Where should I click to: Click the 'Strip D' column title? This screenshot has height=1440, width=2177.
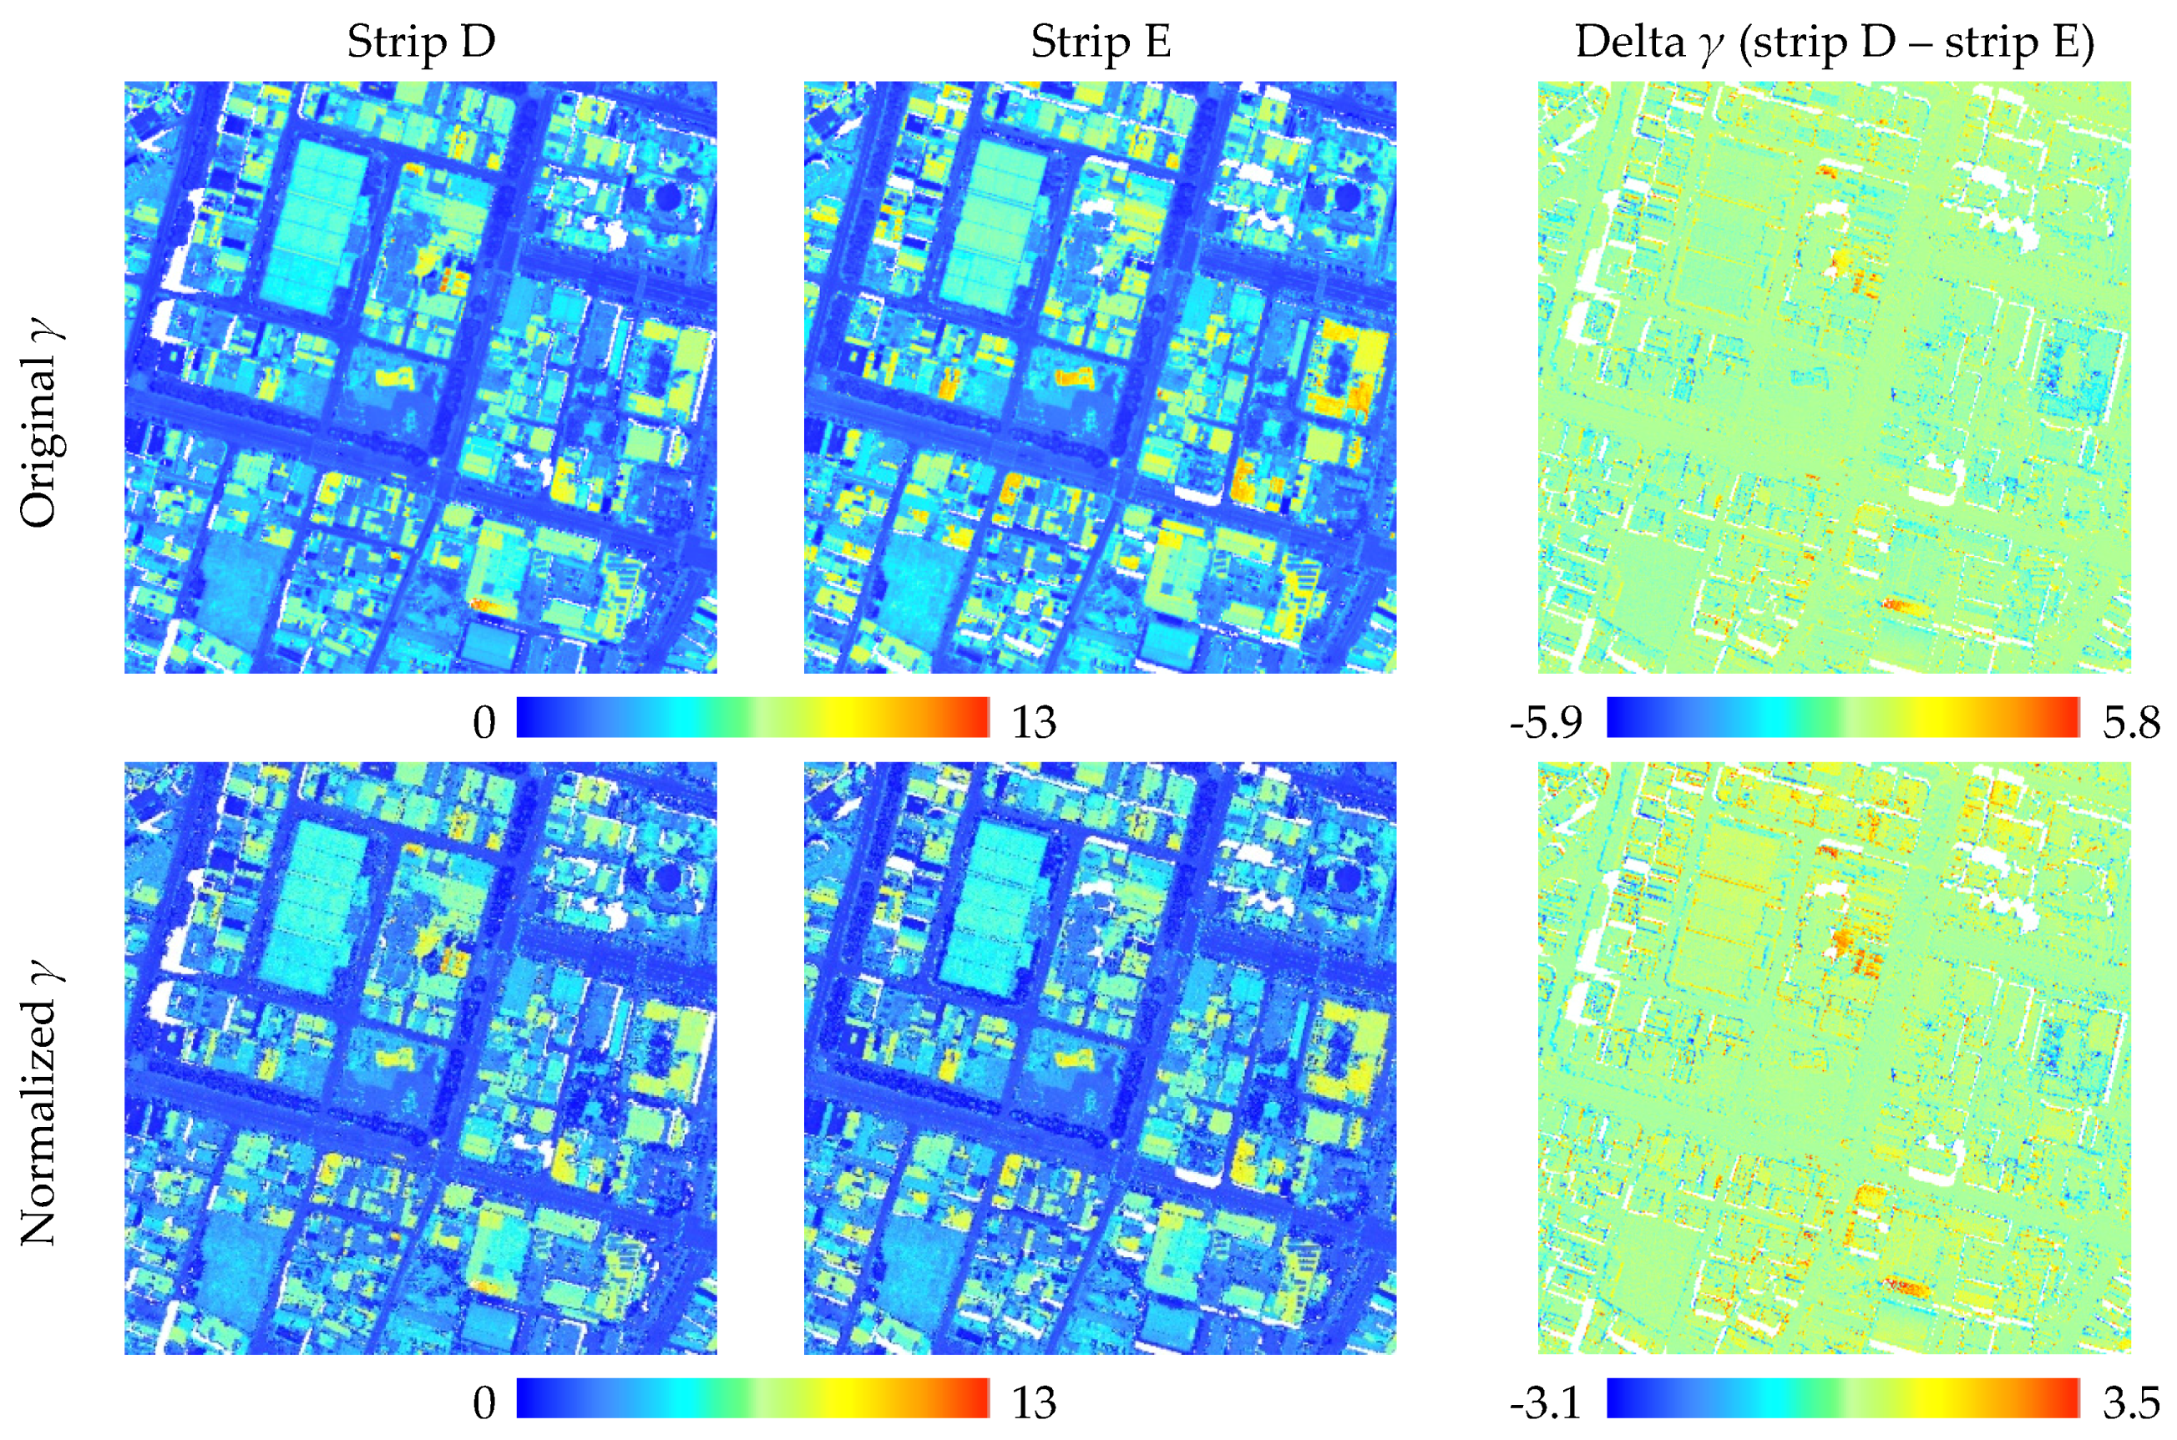click(421, 43)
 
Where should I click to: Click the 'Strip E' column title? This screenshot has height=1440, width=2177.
click(1101, 43)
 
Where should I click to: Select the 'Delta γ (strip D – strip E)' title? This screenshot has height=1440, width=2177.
click(1835, 43)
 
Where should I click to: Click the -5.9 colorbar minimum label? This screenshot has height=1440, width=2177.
click(1546, 723)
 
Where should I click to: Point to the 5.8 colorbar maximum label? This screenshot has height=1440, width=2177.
click(2131, 723)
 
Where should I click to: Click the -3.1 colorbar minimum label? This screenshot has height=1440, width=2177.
click(1546, 1402)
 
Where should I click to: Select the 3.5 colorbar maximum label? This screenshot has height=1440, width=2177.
click(2131, 1402)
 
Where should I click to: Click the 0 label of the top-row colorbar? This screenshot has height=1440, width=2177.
click(484, 723)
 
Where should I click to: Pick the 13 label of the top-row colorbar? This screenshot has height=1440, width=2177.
click(1034, 723)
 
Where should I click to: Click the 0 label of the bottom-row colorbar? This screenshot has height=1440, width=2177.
click(484, 1402)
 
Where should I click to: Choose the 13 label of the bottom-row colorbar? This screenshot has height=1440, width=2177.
click(1034, 1402)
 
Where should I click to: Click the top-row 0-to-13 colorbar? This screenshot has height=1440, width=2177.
click(753, 717)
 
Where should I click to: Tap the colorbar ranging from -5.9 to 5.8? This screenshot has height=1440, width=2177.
click(1843, 717)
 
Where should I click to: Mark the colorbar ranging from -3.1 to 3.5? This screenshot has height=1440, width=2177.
click(1843, 1397)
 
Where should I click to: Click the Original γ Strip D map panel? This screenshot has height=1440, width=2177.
click(421, 377)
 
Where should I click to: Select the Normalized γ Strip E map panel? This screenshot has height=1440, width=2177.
click(1101, 1057)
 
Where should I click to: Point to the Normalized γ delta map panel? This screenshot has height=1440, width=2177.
click(1835, 1057)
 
